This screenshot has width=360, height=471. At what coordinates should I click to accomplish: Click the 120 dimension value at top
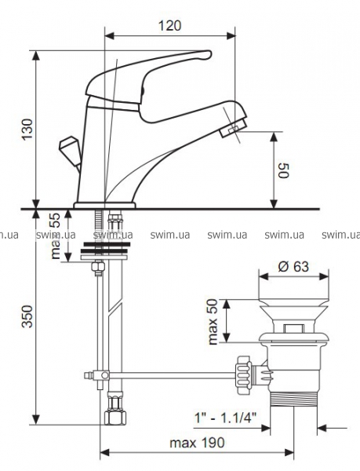click(x=169, y=26)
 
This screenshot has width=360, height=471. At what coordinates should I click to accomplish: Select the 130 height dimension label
click(x=28, y=129)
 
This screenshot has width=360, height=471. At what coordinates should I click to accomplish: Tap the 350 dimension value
click(x=28, y=316)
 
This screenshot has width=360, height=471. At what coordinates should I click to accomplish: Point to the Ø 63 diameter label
click(x=293, y=266)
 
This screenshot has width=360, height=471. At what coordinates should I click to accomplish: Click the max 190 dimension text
click(x=197, y=443)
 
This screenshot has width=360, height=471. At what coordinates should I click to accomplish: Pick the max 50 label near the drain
click(x=213, y=322)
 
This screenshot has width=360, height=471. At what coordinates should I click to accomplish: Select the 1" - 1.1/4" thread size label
click(x=226, y=418)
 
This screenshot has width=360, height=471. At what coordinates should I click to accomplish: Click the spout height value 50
click(x=283, y=170)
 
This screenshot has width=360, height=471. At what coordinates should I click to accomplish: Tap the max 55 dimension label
click(x=56, y=235)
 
